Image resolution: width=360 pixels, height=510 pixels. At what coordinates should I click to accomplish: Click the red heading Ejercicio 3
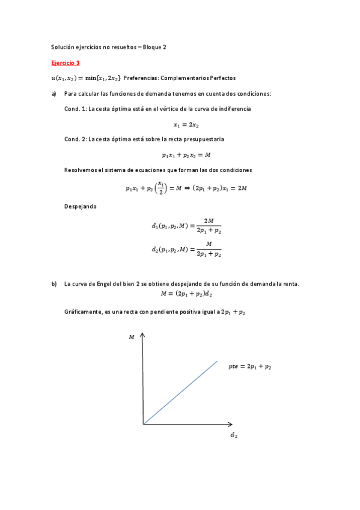click(x=66, y=62)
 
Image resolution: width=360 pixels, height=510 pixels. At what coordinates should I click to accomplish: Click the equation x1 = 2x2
click(x=186, y=124)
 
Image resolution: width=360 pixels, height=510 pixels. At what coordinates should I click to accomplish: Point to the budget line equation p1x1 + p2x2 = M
click(x=186, y=155)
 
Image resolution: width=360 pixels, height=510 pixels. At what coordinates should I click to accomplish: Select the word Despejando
click(x=79, y=207)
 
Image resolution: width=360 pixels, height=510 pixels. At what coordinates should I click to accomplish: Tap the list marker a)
click(x=54, y=94)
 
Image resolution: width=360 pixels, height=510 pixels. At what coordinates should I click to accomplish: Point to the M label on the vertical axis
click(x=131, y=338)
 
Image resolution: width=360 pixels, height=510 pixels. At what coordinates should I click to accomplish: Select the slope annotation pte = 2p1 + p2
click(x=254, y=366)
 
